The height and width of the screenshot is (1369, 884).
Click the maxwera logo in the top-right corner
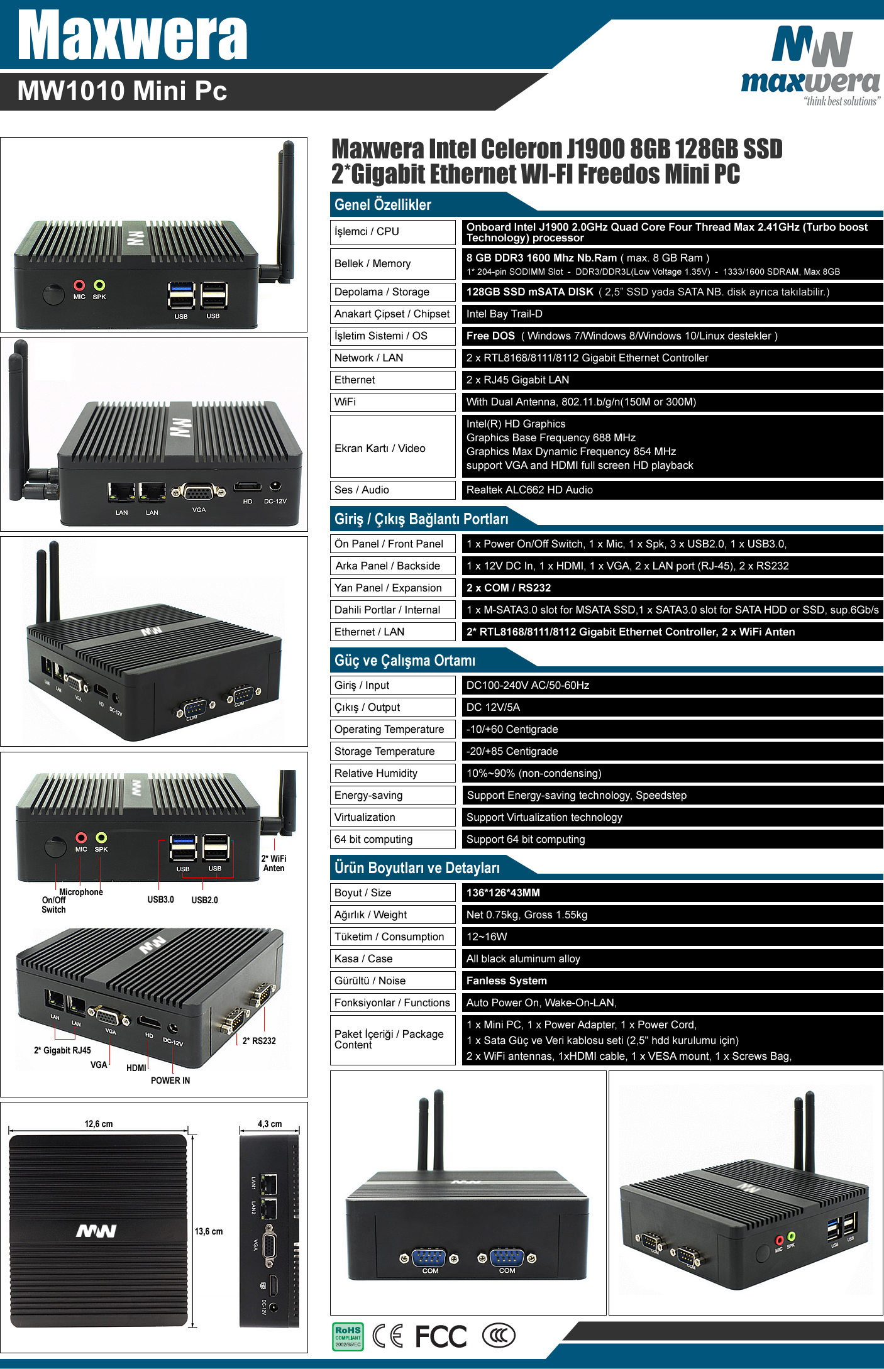(811, 66)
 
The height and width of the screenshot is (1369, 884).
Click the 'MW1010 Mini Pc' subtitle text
(122, 91)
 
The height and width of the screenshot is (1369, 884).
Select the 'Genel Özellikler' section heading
(383, 204)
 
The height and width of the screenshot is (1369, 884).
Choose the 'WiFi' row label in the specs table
(345, 402)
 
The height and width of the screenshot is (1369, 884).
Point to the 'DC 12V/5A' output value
(494, 708)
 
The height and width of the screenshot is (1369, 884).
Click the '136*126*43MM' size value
(503, 893)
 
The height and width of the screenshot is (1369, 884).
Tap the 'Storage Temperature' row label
(385, 752)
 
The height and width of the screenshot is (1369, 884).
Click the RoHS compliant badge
(348, 1336)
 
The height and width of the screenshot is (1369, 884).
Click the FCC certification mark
(441, 1336)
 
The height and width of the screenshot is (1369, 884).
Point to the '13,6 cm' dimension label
(209, 1231)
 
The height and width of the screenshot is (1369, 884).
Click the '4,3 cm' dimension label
(270, 1124)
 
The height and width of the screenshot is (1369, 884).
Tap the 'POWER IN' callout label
(170, 1080)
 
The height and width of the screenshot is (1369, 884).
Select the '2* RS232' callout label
(259, 1041)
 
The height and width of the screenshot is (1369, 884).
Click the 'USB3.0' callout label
(161, 900)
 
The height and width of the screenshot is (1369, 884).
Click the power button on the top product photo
(53, 294)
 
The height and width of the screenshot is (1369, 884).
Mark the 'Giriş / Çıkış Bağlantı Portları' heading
(421, 519)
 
